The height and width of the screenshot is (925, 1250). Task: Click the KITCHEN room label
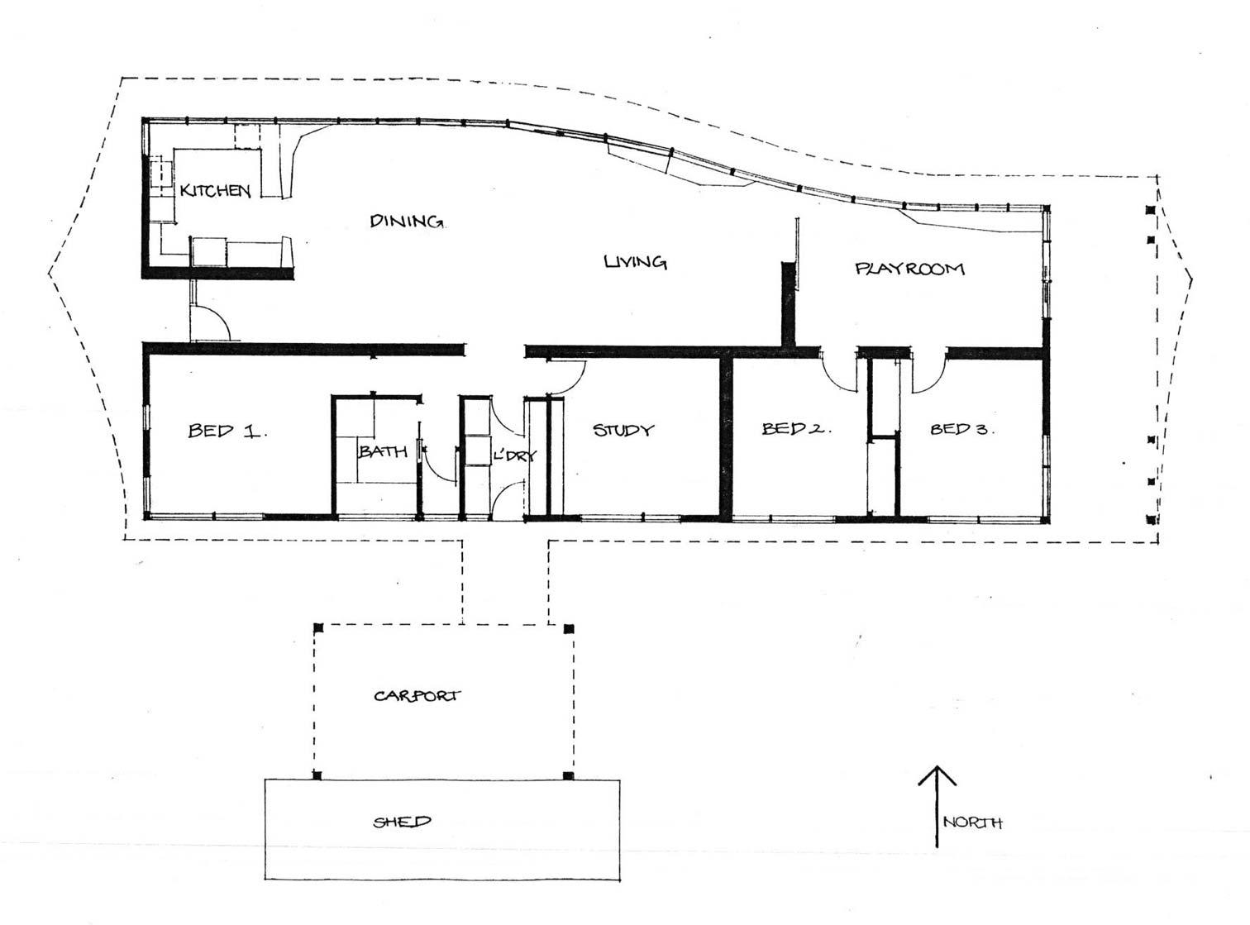pos(215,190)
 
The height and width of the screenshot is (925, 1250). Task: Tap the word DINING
pos(406,221)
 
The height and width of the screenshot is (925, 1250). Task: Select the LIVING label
pos(636,261)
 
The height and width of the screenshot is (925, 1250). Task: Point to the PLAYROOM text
pos(909,269)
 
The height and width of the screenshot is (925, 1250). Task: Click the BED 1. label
pos(227,432)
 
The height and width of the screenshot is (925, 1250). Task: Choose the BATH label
pos(383,451)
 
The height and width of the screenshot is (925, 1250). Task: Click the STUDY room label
pos(623,430)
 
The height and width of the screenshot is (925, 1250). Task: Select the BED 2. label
pos(796,428)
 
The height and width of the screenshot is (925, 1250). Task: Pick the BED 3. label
pos(962,429)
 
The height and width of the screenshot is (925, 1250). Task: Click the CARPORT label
pos(417,696)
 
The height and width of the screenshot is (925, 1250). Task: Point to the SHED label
pos(402,822)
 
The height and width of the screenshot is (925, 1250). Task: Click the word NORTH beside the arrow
pos(973,823)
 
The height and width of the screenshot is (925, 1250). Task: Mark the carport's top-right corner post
pos(569,628)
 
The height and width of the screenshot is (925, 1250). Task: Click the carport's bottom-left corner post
pos(317,775)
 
